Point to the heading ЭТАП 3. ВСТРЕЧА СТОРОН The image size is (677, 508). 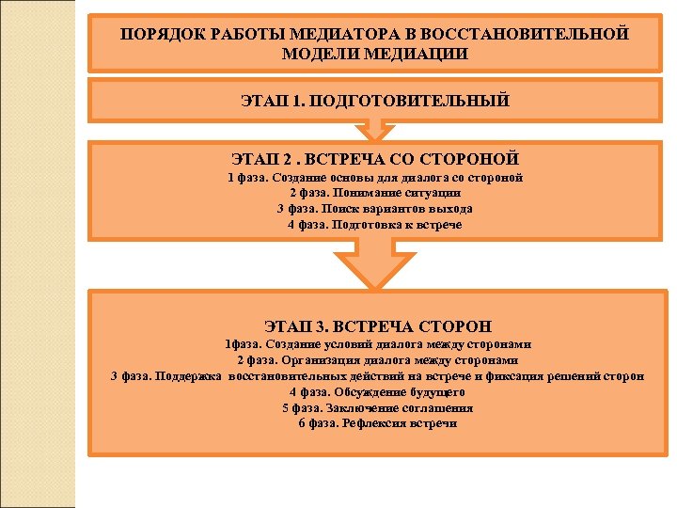(x=377, y=326)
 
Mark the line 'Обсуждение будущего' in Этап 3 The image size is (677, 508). (x=377, y=391)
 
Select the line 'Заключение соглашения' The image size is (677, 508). (x=377, y=407)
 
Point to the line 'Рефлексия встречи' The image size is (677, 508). (x=377, y=423)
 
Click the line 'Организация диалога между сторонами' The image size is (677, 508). (x=377, y=359)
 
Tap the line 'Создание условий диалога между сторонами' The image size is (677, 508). (x=377, y=343)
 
